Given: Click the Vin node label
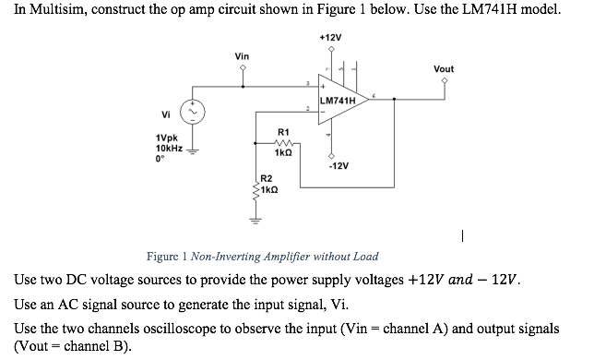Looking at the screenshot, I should (x=242, y=57).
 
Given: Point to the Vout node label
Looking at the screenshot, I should (x=444, y=69).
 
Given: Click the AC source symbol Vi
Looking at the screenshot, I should (x=193, y=114).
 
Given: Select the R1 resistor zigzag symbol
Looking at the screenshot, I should (x=284, y=143).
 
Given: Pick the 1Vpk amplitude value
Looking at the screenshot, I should (x=168, y=138).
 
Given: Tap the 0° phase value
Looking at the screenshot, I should (x=160, y=158).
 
